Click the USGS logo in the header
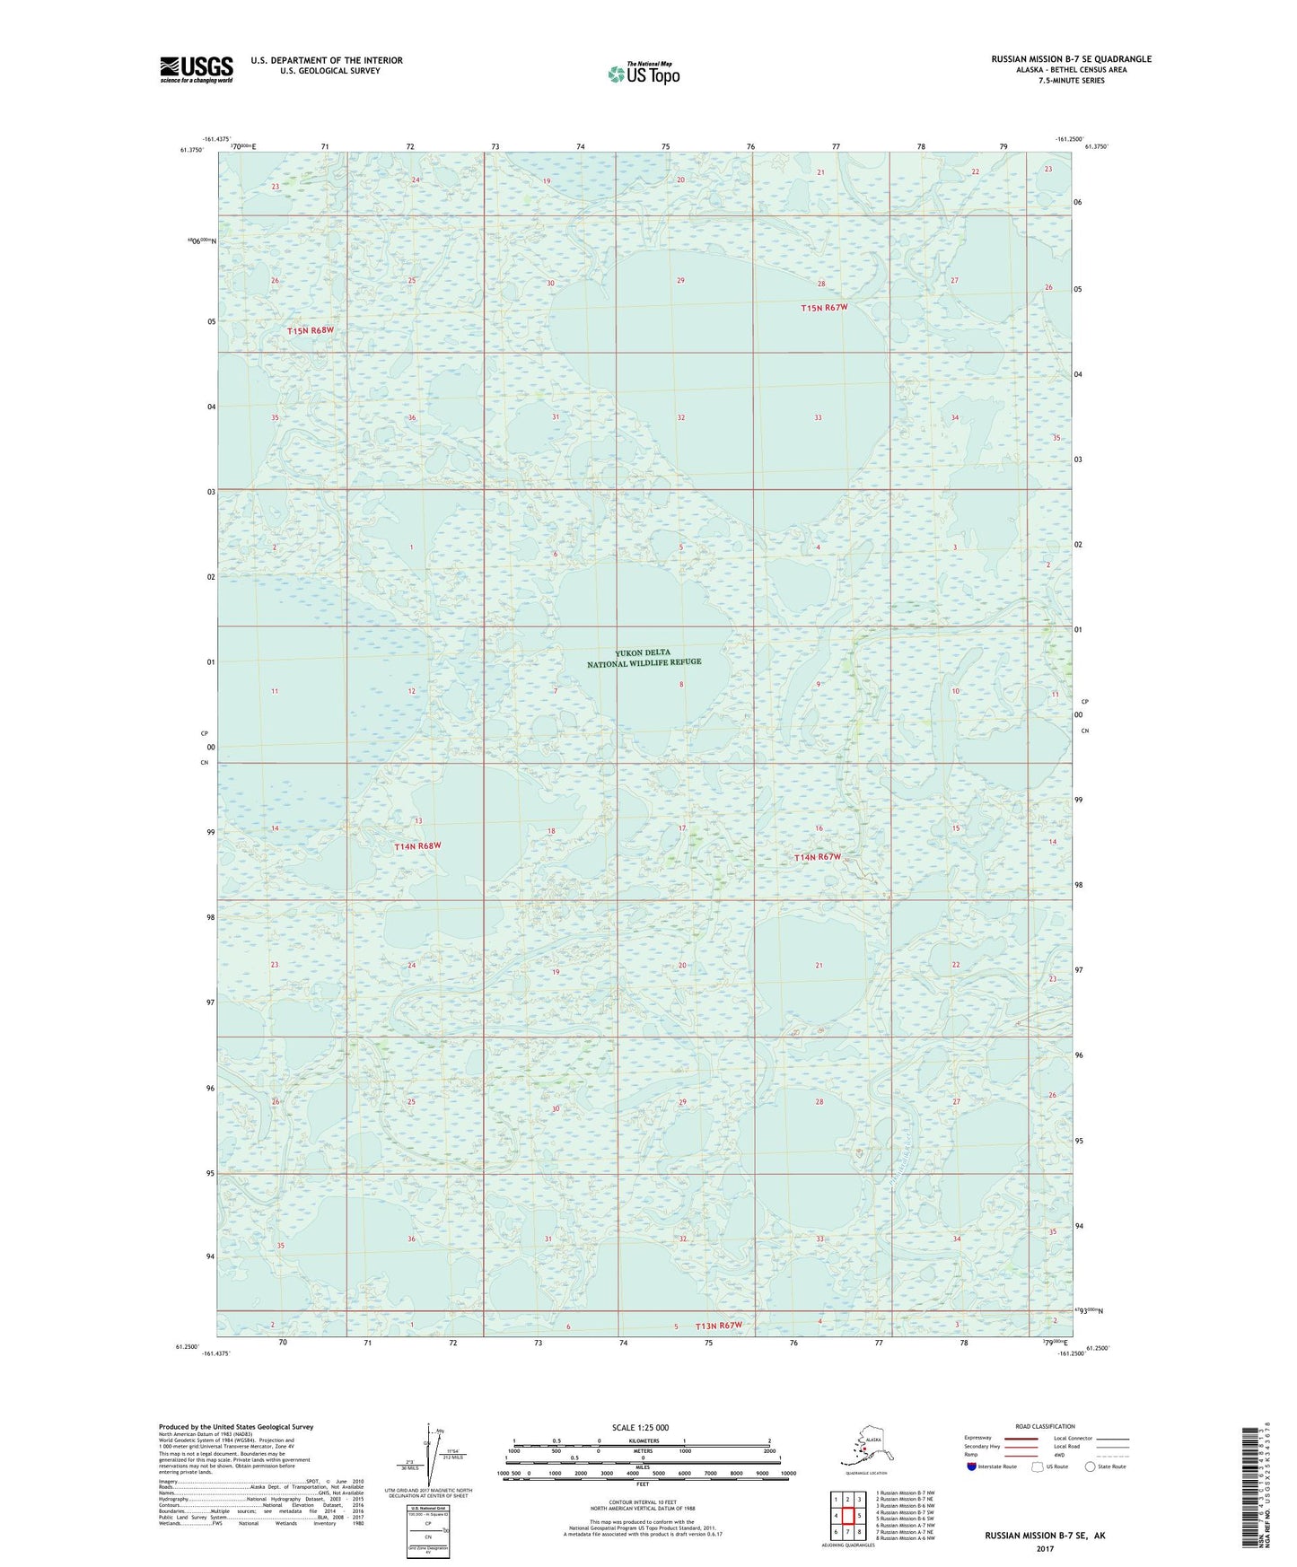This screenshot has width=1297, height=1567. point(197,69)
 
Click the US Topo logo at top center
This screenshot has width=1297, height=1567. point(644,74)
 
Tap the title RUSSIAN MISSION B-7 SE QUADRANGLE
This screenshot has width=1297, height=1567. point(1071,59)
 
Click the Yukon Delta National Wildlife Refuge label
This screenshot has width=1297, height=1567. point(644,658)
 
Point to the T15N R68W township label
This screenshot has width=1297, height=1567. point(311,331)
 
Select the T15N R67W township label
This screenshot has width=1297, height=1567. point(824,308)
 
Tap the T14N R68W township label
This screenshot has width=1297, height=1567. point(417,846)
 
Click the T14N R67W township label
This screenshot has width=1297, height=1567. point(818,857)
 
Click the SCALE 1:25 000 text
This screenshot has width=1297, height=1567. point(640,1427)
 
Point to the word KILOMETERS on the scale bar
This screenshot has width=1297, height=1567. point(642,1440)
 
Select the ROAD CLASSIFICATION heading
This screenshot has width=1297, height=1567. point(1045,1426)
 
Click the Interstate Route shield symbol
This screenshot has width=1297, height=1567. point(971,1466)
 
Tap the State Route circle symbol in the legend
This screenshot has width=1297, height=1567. point(1090,1466)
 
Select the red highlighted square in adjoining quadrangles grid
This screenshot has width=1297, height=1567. point(847,1516)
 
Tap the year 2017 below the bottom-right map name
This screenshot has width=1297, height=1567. point(1045,1548)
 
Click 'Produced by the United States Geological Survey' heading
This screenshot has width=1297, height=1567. point(236,1426)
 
